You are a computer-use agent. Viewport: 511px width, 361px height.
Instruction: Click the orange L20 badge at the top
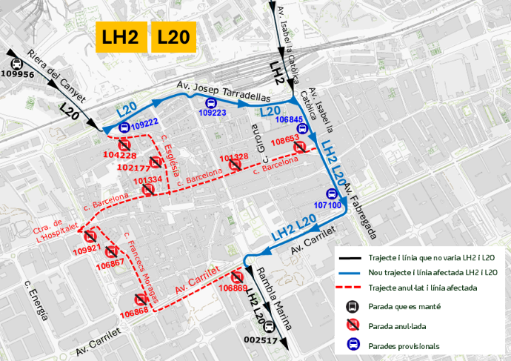pos(173,37)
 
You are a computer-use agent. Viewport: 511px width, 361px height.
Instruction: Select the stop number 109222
pos(144,123)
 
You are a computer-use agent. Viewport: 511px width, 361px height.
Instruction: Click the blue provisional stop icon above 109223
pos(212,104)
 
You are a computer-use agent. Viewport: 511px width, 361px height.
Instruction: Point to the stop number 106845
pos(289,119)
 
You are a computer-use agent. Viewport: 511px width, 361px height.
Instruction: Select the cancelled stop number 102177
pos(133,168)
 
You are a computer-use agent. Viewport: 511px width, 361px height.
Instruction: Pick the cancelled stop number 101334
pos(148,180)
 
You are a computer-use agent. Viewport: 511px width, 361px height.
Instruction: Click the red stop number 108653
pos(285,139)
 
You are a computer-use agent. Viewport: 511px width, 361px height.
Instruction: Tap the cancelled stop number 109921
pos(87,249)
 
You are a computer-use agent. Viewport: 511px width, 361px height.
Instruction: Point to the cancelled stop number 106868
pos(134,312)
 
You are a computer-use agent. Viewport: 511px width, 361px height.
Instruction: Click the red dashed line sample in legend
pos(351,288)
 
